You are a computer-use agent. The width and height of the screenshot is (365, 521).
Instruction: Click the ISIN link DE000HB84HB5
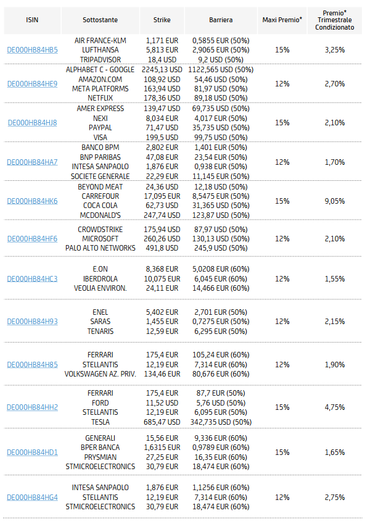tap(32, 50)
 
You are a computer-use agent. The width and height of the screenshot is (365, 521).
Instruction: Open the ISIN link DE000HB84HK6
tap(32, 201)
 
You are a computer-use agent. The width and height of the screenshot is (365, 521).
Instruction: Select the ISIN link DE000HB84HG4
tap(32, 498)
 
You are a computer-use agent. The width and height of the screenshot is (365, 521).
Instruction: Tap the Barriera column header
tap(221, 20)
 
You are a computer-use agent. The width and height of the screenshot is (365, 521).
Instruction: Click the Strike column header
tap(162, 20)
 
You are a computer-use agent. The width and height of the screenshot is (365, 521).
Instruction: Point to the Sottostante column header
tap(100, 20)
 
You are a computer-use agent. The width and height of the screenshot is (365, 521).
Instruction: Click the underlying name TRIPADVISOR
tap(100, 60)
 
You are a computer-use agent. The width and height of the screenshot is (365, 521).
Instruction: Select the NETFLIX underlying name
tap(100, 98)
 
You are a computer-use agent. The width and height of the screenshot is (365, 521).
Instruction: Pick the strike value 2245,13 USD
tap(162, 70)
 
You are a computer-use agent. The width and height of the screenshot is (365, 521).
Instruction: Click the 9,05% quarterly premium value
tap(334, 201)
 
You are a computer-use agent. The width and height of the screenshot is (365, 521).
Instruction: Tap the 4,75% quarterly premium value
tap(334, 407)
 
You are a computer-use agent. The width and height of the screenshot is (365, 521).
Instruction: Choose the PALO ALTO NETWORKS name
tap(100, 248)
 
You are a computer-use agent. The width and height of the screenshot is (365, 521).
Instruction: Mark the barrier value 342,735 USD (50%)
tap(221, 422)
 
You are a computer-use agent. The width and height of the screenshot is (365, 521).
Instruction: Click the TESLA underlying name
tap(100, 422)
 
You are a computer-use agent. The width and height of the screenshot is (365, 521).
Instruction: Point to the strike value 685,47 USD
tap(162, 422)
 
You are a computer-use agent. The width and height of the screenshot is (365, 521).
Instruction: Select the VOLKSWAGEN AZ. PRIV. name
tap(100, 374)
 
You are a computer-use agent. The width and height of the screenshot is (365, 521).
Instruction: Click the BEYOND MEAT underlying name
tap(100, 187)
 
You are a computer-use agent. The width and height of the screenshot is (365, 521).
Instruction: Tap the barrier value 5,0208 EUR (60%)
tap(221, 269)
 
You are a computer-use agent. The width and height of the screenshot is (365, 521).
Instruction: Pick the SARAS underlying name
tap(100, 322)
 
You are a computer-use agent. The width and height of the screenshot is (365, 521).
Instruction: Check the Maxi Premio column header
tap(282, 20)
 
